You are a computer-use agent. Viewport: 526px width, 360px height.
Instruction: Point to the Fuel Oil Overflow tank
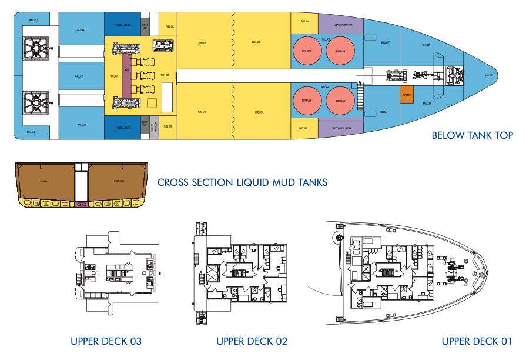tap(153, 127)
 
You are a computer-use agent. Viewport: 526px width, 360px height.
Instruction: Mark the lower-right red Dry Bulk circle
tap(340, 100)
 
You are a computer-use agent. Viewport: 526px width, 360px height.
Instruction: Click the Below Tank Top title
tap(472, 136)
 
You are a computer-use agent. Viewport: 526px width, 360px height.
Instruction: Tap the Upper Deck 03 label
tap(106, 341)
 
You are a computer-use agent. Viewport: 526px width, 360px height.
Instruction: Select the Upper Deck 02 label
tap(252, 341)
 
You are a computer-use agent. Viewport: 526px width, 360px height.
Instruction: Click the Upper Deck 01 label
tap(477, 341)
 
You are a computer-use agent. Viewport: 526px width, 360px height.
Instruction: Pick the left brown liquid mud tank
tap(42, 182)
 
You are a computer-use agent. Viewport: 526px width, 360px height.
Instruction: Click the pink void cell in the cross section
tap(81, 205)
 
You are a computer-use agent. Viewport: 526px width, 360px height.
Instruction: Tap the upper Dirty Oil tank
tap(145, 25)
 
